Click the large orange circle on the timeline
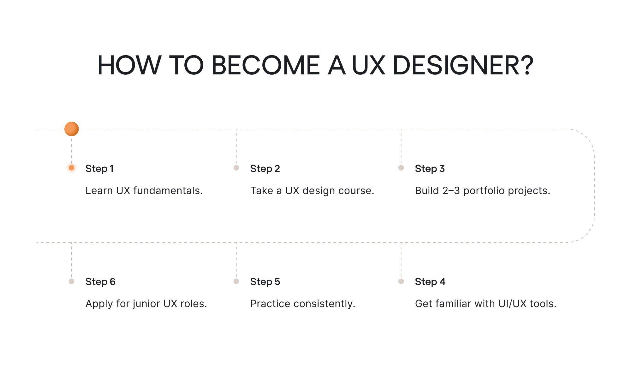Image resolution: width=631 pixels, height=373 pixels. pyautogui.click(x=72, y=129)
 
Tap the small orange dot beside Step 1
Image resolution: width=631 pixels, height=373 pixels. pyautogui.click(x=72, y=168)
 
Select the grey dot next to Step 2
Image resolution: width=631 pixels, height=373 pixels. pyautogui.click(x=236, y=168)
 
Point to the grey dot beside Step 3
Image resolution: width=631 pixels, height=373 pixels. pyautogui.click(x=401, y=168)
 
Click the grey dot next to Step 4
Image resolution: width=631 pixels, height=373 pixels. pyautogui.click(x=401, y=281)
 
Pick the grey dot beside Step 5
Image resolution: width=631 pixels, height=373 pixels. pyautogui.click(x=236, y=281)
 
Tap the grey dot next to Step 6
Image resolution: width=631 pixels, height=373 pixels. pyautogui.click(x=72, y=281)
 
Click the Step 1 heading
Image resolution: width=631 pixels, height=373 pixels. pyautogui.click(x=99, y=169)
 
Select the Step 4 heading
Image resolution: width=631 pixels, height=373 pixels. pyautogui.click(x=430, y=282)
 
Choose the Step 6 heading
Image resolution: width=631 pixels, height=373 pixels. pyautogui.click(x=100, y=282)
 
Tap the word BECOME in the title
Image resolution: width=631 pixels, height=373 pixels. pyautogui.click(x=266, y=65)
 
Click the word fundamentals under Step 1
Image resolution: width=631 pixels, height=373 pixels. pyautogui.click(x=168, y=190)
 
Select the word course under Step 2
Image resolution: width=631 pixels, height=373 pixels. pyautogui.click(x=356, y=190)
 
